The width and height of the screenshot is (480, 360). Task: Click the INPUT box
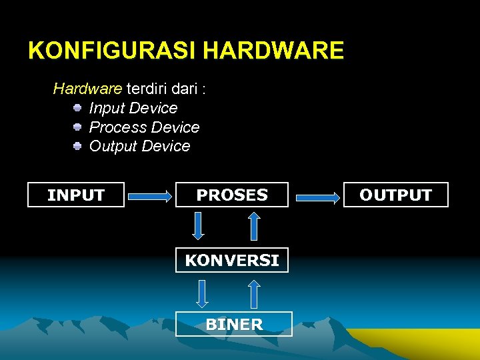(76, 195)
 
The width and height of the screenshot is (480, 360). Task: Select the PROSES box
(232, 195)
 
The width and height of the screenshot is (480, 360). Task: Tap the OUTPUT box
(396, 195)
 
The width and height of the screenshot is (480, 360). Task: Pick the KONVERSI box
(232, 260)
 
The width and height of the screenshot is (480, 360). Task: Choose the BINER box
(234, 324)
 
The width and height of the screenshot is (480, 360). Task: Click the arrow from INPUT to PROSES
(150, 197)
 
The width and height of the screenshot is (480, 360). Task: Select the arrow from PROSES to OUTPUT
(317, 197)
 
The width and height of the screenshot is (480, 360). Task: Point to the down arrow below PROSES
(198, 225)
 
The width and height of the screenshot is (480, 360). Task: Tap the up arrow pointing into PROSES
(254, 225)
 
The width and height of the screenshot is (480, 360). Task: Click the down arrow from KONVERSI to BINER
(203, 293)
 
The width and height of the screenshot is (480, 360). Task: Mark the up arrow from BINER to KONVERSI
(254, 293)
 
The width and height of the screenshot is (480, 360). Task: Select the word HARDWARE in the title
(273, 51)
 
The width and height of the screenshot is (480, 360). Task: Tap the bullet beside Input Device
(77, 107)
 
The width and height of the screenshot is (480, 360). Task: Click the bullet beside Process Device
(77, 126)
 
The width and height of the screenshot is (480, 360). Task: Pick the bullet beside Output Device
(77, 145)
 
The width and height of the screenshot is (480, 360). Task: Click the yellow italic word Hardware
(87, 89)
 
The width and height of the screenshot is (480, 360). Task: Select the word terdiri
(149, 89)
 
